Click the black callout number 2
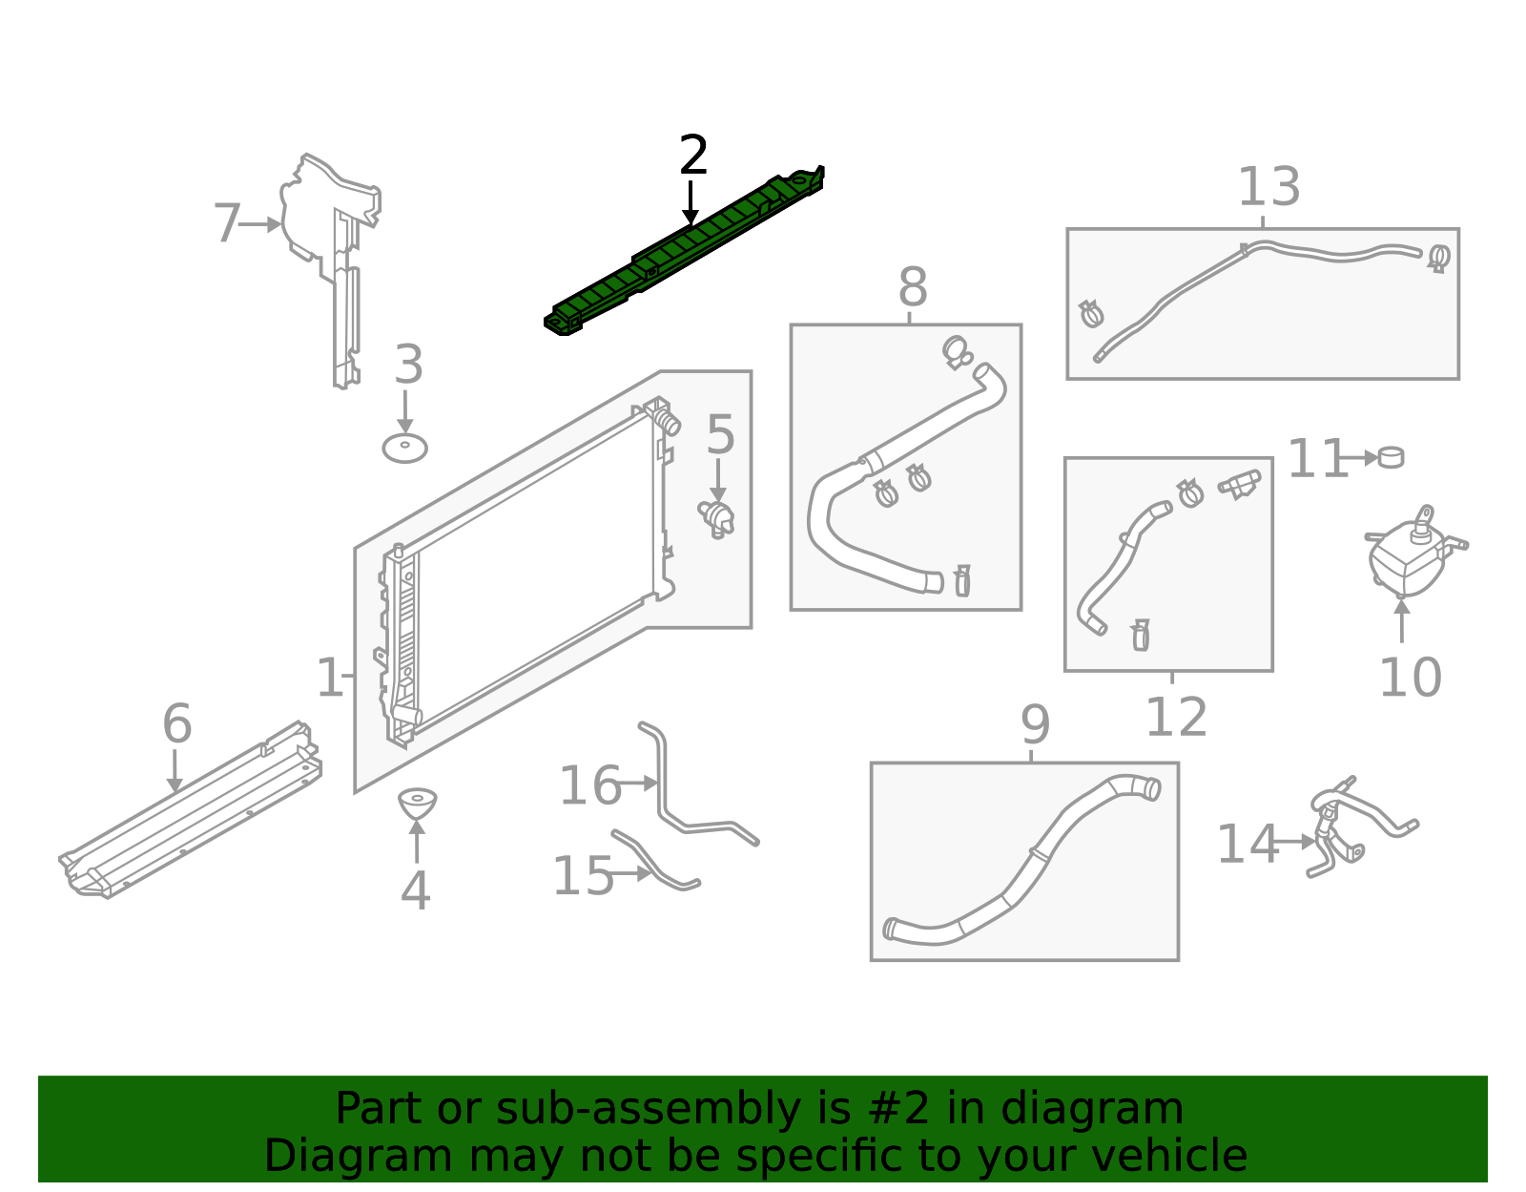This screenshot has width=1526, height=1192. (x=693, y=156)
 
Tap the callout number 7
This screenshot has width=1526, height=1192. (x=226, y=224)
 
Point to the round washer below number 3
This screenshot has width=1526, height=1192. (x=404, y=448)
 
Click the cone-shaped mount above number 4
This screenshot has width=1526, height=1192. (x=417, y=803)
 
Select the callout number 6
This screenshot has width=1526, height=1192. (x=177, y=724)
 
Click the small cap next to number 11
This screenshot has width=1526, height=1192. (x=1391, y=457)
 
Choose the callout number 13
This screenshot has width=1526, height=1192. (x=1268, y=187)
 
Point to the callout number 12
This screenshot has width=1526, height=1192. (x=1176, y=718)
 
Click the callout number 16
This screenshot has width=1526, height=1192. (x=589, y=786)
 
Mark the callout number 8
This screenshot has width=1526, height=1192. (x=913, y=287)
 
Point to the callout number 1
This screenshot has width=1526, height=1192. (x=329, y=678)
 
